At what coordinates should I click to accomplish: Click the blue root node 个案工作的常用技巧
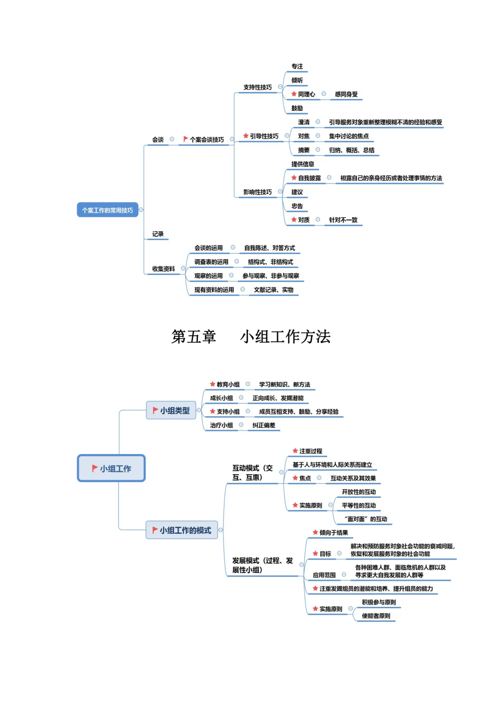coord(107,210)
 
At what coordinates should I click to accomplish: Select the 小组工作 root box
coord(111,468)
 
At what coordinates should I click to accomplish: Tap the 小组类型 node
coord(171,410)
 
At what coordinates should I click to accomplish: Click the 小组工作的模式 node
coord(182,530)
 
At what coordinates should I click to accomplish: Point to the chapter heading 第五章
coord(193,337)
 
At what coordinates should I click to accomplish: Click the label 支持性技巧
coord(258,87)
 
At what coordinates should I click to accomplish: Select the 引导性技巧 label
coord(264,136)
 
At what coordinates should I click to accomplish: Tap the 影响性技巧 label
coord(258,192)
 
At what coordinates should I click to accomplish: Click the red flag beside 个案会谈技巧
coord(185,139)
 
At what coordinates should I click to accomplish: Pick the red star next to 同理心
coord(294,94)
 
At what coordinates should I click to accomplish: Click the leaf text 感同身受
coord(346,94)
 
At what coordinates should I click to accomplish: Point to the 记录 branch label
coord(158,234)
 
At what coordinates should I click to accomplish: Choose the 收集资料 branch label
coord(164,269)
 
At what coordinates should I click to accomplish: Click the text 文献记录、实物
coord(273,290)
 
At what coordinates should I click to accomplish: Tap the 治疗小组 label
coord(221,425)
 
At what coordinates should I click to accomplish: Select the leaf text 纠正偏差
coord(264,425)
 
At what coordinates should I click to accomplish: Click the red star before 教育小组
coord(212,384)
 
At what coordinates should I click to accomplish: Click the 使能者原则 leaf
coord(376,616)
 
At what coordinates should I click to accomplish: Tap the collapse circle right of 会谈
coord(172,139)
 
